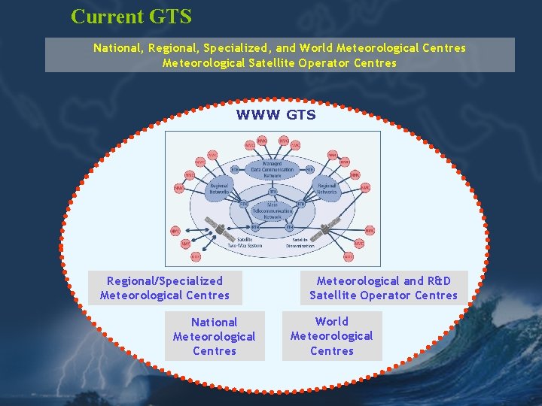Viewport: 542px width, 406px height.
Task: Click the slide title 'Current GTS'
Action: click(x=131, y=16)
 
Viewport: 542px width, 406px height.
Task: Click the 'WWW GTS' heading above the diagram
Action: click(x=276, y=115)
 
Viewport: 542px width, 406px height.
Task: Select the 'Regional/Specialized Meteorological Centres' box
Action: click(x=165, y=288)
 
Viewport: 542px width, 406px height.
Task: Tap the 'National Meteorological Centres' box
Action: click(x=215, y=336)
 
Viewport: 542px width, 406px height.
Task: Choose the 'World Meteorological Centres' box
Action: click(x=332, y=336)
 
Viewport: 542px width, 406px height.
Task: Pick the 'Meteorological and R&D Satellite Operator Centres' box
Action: click(x=384, y=288)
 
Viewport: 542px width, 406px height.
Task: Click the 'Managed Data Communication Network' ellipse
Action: click(x=273, y=169)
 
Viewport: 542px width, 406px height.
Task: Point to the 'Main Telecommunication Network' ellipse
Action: click(x=272, y=210)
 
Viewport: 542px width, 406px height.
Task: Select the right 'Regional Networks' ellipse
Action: click(x=327, y=189)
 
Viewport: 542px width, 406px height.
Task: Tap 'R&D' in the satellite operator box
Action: click(x=438, y=280)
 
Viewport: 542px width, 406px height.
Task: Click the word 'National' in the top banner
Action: click(x=118, y=47)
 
